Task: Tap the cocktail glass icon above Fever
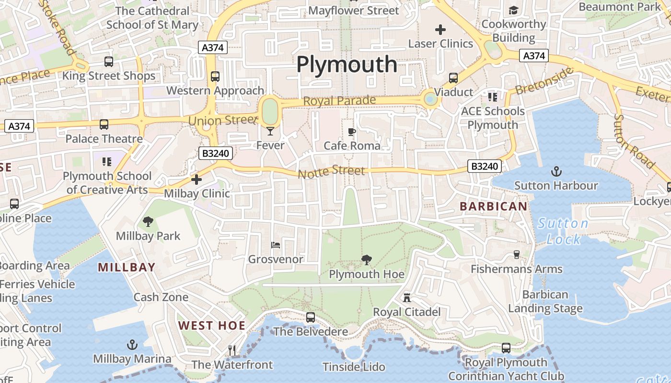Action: pyautogui.click(x=270, y=131)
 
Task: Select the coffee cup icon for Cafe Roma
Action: pyautogui.click(x=352, y=132)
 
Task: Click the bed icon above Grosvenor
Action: pyautogui.click(x=276, y=245)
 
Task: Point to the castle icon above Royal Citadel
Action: pyautogui.click(x=407, y=298)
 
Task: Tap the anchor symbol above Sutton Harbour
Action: pyautogui.click(x=556, y=171)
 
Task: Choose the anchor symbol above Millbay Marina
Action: pyautogui.click(x=132, y=345)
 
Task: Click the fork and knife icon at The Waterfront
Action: pyautogui.click(x=232, y=350)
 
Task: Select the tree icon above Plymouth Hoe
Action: pyautogui.click(x=367, y=260)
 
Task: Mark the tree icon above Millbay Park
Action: pyautogui.click(x=148, y=222)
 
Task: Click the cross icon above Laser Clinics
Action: pyautogui.click(x=440, y=30)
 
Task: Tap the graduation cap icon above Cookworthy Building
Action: pyautogui.click(x=514, y=10)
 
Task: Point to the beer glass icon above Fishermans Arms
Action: pyautogui.click(x=516, y=255)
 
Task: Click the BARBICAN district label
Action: pyautogui.click(x=494, y=206)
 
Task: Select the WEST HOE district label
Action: pyautogui.click(x=212, y=326)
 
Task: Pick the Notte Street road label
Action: pyautogui.click(x=331, y=171)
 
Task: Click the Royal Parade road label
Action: pyautogui.click(x=339, y=101)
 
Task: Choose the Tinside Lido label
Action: pyautogui.click(x=354, y=367)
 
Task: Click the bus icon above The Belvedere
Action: pyautogui.click(x=311, y=317)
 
